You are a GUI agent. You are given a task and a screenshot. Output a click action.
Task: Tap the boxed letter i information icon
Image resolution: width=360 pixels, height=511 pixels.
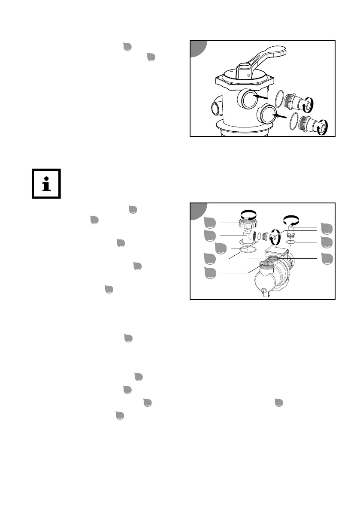[46, 184]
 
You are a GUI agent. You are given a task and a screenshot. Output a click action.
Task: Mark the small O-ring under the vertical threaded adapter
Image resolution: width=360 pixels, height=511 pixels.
[291, 242]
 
